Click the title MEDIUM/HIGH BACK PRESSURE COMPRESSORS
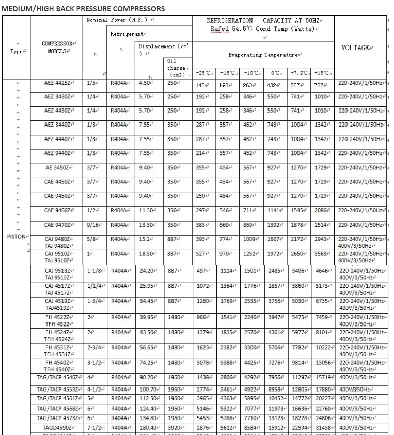pyautogui.click(x=84, y=9)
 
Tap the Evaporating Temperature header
pyautogui.click(x=263, y=55)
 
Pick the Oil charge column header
pyautogui.click(x=177, y=68)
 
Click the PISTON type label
pyautogui.click(x=18, y=237)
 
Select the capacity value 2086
pyautogui.click(x=321, y=211)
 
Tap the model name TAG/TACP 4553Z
pyautogui.click(x=57, y=389)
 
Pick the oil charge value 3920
pyautogui.click(x=176, y=428)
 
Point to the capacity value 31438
pyautogui.click(x=324, y=428)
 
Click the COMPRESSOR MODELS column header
pyautogui.click(x=57, y=48)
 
